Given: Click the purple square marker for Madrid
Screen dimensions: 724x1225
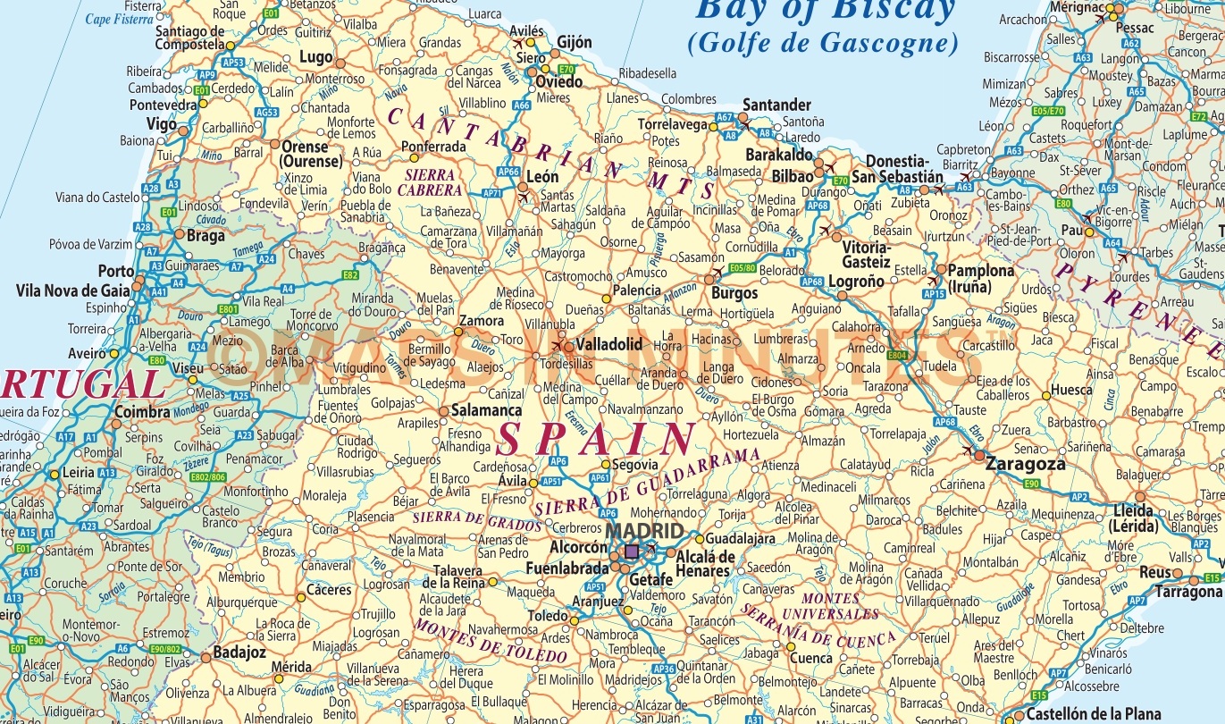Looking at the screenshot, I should click(x=632, y=551).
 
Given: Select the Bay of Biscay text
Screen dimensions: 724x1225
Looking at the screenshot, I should click(x=825, y=11).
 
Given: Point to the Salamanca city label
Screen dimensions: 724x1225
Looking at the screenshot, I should click(x=486, y=410).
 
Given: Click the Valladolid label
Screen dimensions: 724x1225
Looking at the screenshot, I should click(x=609, y=344).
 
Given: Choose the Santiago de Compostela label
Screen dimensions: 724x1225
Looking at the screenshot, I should click(x=189, y=37).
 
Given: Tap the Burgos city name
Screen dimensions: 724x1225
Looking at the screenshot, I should click(x=734, y=292).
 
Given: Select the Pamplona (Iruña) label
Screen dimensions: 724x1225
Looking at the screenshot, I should click(x=980, y=278).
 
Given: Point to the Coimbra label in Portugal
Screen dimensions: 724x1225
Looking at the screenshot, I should click(x=142, y=412).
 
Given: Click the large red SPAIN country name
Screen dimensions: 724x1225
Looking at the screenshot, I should click(x=596, y=441).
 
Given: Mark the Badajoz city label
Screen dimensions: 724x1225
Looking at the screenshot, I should click(x=239, y=652).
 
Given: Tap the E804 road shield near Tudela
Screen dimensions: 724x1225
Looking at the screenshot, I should click(x=898, y=355).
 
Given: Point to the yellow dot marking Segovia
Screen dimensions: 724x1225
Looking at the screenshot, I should click(x=605, y=465).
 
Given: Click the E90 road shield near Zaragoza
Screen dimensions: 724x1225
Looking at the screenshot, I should click(x=1032, y=484).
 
